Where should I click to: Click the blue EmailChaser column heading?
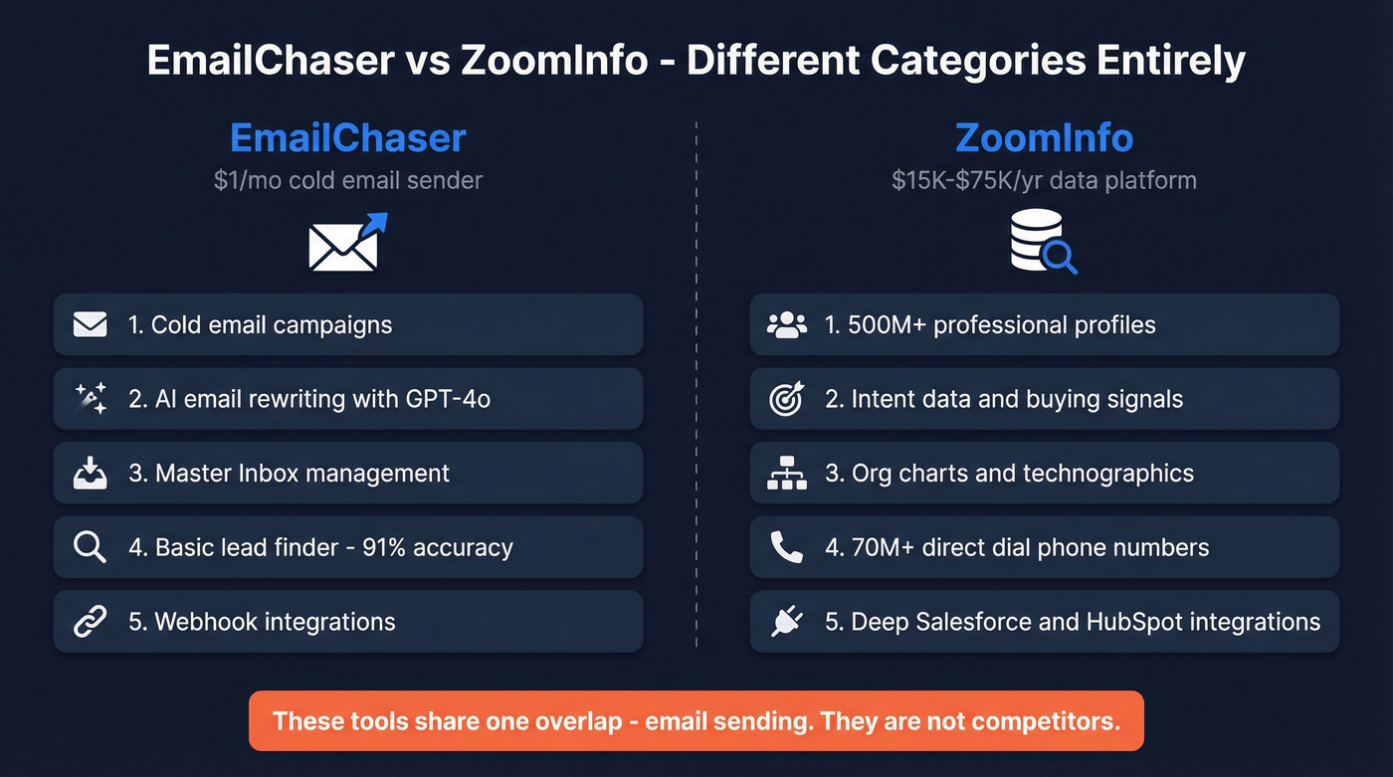coord(347,138)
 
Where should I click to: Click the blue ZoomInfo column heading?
coord(1044,138)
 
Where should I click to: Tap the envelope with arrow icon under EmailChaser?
coord(346,243)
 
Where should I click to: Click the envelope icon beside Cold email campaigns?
coord(91,324)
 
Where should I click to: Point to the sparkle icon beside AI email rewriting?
coord(91,399)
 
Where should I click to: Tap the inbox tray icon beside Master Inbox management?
coord(91,474)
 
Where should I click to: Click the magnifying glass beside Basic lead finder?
coord(90,547)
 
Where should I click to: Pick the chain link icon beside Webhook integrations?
coord(91,622)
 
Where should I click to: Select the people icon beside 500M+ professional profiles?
coord(787,324)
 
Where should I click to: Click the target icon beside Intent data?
coord(786,399)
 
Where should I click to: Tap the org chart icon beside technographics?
coord(787,474)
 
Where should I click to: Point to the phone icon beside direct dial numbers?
coord(786,547)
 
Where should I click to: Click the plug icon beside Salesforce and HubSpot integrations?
coord(786,622)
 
